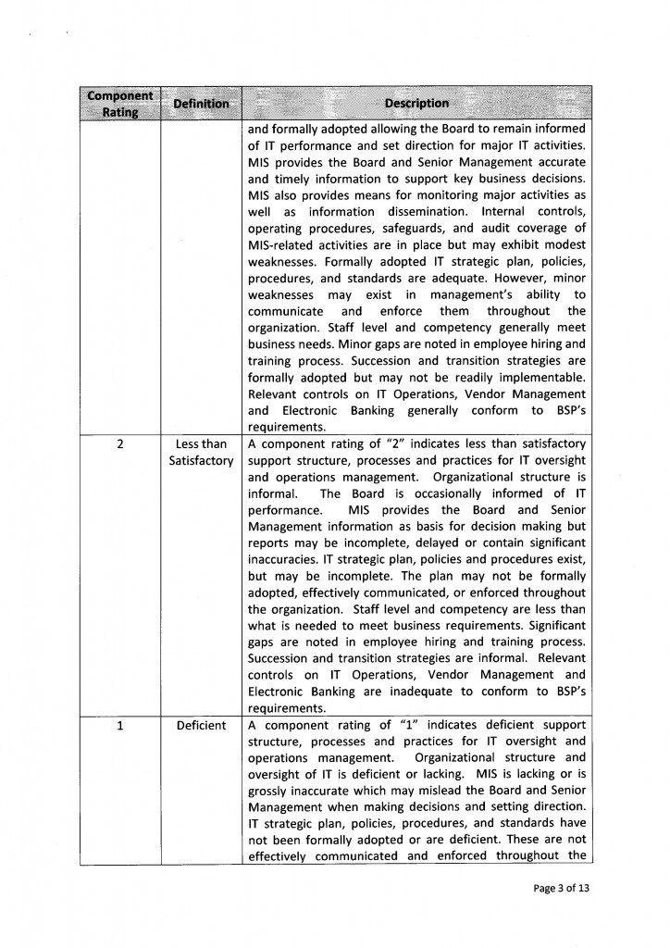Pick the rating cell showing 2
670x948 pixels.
coord(121,443)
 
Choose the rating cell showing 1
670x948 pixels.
coord(121,725)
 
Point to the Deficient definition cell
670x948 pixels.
coord(201,725)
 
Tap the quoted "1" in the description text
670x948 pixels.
coord(399,725)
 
